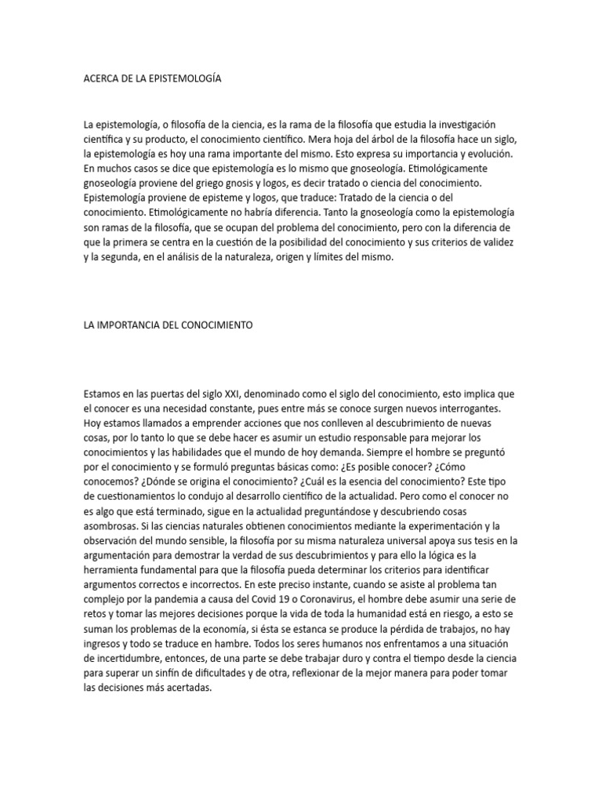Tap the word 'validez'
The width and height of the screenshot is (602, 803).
[x=495, y=242]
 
